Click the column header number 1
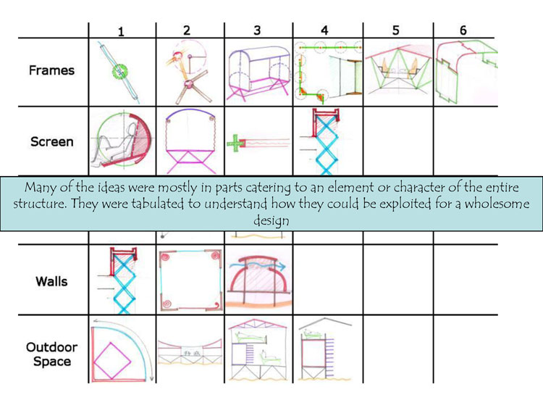tap(120, 32)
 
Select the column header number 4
tap(324, 30)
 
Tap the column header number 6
tap(463, 30)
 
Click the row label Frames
tap(51, 70)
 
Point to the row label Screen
tap(52, 142)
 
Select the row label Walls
tap(51, 281)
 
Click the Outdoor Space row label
tap(52, 354)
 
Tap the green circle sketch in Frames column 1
tap(119, 72)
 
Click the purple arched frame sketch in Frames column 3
tap(258, 73)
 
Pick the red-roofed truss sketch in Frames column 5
tap(398, 70)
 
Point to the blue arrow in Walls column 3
tap(262, 265)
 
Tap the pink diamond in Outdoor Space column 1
tap(112, 361)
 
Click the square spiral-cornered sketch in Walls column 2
tap(190, 280)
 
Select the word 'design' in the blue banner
tap(271, 220)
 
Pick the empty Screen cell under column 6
tap(465, 141)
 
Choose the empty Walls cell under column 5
tap(398, 280)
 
